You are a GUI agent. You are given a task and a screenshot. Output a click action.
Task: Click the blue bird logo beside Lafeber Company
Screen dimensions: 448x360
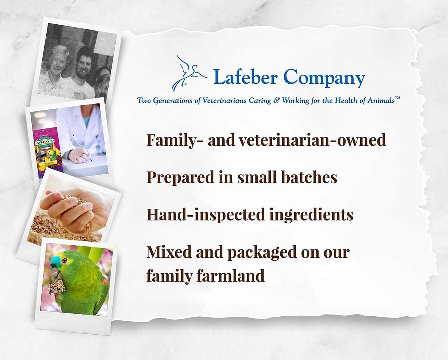[x=189, y=73]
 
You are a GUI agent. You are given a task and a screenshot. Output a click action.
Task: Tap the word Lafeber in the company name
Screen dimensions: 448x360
[x=245, y=77]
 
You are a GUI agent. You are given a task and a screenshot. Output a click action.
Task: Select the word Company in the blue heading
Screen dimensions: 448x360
[x=324, y=78]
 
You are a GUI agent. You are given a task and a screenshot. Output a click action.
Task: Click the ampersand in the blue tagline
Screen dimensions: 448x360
[x=276, y=100]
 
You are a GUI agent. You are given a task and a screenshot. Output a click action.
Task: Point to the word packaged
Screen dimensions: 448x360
[x=262, y=252]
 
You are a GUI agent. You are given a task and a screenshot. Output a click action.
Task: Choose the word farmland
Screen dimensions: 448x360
[x=231, y=275]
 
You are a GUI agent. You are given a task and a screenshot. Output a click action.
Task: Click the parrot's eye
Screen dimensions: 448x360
[x=65, y=260]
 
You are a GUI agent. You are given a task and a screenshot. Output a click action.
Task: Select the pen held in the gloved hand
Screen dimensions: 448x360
[x=82, y=148]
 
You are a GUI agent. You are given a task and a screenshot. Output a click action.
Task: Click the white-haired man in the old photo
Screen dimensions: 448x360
[x=55, y=71]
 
